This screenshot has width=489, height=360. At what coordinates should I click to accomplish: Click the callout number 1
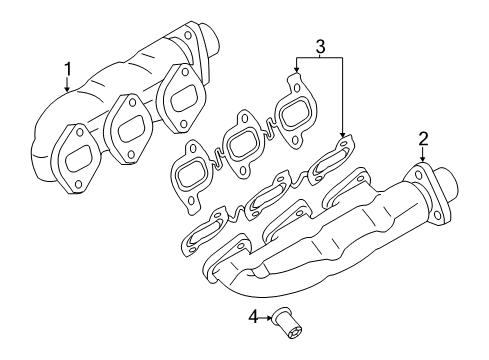pyautogui.click(x=68, y=69)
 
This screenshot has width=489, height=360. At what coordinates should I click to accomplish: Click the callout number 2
pyautogui.click(x=423, y=139)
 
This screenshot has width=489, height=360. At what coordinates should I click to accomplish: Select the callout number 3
pyautogui.click(x=320, y=47)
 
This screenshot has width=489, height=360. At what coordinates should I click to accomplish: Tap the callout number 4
pyautogui.click(x=253, y=316)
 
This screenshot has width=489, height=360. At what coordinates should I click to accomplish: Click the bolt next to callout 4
pyautogui.click(x=287, y=323)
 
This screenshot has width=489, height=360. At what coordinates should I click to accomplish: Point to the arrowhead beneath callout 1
pyautogui.click(x=67, y=89)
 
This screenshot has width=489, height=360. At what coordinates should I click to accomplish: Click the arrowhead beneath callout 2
pyautogui.click(x=423, y=159)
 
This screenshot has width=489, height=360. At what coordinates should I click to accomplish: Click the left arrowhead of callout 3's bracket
pyautogui.click(x=296, y=70)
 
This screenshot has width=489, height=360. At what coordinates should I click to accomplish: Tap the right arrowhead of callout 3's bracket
pyautogui.click(x=343, y=135)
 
